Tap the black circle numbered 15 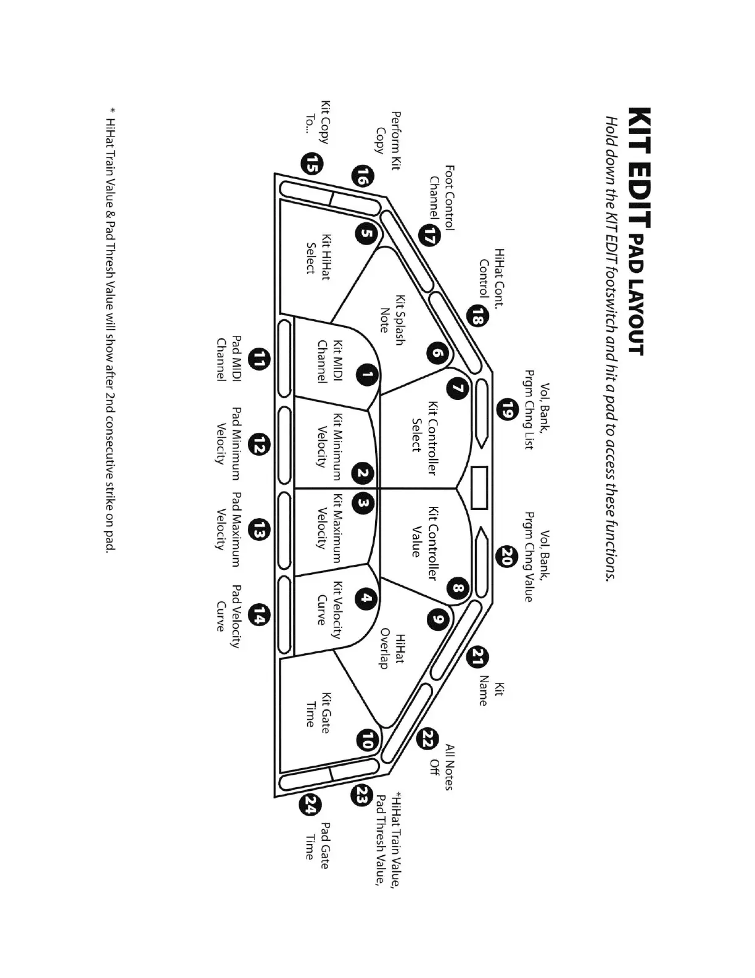click(x=312, y=164)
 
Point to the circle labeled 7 click(x=457, y=388)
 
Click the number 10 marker click(x=367, y=740)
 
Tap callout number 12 click(x=260, y=445)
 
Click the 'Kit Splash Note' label click(x=392, y=322)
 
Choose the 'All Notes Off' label click(x=442, y=767)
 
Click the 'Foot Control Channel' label click(x=442, y=198)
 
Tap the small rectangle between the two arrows click(x=479, y=488)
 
